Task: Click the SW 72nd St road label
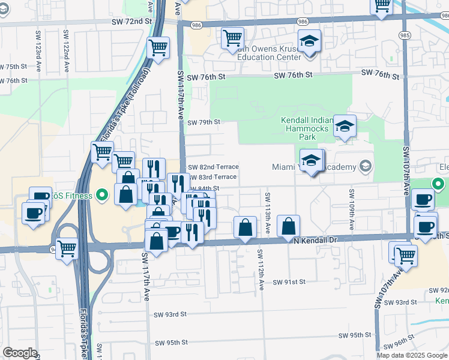(133, 21)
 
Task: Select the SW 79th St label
(204, 122)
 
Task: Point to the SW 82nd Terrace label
(213, 167)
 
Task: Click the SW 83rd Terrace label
(213, 177)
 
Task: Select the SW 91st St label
(289, 281)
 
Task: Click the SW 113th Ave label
(267, 207)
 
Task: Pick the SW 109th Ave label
(351, 204)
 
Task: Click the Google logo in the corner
(20, 353)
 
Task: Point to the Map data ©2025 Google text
(411, 355)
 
